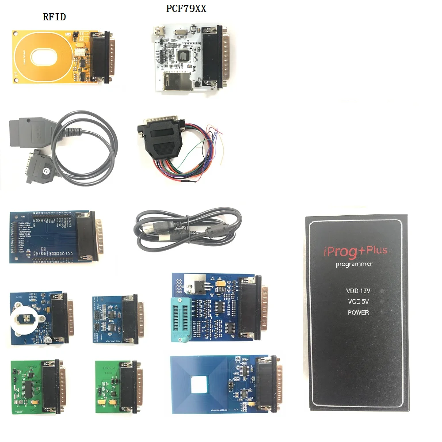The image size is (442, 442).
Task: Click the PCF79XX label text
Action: [x=186, y=9]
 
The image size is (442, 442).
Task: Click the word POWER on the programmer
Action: [x=358, y=312]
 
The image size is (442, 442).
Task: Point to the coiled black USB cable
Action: [x=186, y=228]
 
